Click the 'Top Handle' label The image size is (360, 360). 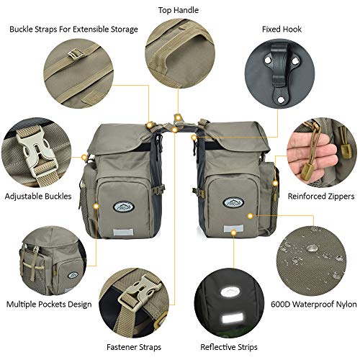179,10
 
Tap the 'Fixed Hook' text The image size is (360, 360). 282,30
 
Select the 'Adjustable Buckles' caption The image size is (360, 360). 38,197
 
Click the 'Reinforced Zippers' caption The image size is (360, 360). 321,197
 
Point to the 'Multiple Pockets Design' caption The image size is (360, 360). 49,305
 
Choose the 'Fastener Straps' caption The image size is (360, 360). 134,347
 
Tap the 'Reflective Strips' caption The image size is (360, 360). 229,347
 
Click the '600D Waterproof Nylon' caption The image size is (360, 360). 314,305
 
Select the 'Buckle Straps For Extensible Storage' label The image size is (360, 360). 73,30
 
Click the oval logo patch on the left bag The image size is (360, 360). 124,207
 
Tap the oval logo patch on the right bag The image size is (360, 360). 233,203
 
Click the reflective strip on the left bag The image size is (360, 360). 123,232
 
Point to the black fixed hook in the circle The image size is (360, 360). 281,72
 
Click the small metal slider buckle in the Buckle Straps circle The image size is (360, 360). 76,54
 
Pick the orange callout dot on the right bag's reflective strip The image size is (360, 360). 234,233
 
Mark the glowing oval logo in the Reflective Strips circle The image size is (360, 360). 229,292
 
